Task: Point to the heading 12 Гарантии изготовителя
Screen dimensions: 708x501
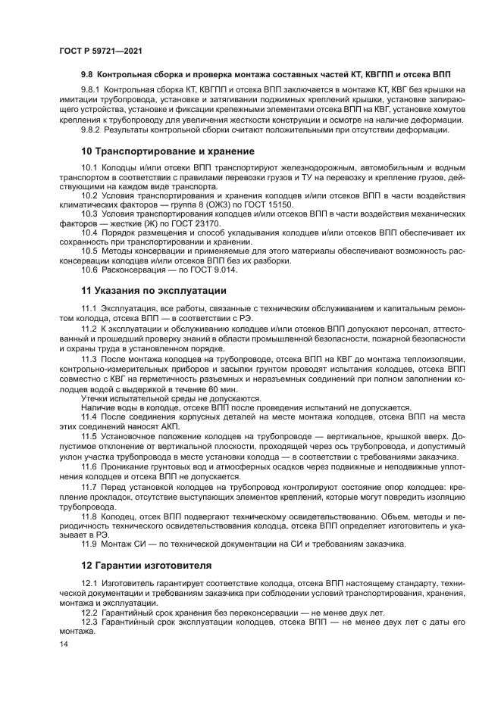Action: coord(147,565)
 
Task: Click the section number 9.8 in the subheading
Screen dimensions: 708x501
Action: coord(88,77)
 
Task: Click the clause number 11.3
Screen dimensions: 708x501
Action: coord(89,358)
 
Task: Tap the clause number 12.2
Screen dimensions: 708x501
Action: coord(89,612)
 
